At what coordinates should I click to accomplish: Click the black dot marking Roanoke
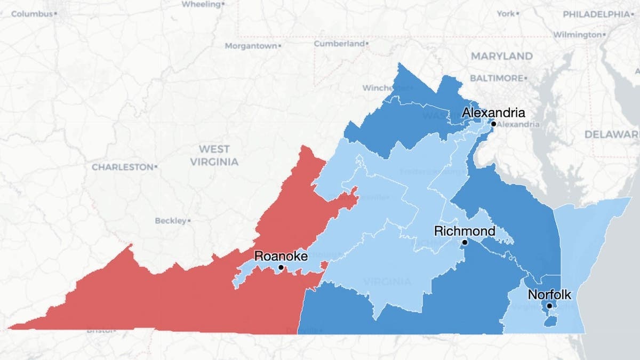281,267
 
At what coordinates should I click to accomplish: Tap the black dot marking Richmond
465,242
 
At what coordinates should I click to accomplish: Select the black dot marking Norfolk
549,306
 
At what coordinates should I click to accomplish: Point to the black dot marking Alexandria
493,124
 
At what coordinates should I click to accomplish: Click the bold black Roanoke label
281,256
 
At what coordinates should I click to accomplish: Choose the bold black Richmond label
465,231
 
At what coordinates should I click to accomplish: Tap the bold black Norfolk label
549,294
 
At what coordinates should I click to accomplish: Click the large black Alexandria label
493,113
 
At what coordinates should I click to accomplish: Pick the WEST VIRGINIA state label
214,155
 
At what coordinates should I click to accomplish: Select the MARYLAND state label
501,56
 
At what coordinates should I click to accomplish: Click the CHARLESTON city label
122,167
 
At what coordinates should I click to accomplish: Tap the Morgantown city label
251,46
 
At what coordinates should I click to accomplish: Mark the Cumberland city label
339,43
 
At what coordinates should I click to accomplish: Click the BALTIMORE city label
497,78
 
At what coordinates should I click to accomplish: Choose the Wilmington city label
577,35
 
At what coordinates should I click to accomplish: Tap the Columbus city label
33,14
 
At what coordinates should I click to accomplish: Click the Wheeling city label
201,4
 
